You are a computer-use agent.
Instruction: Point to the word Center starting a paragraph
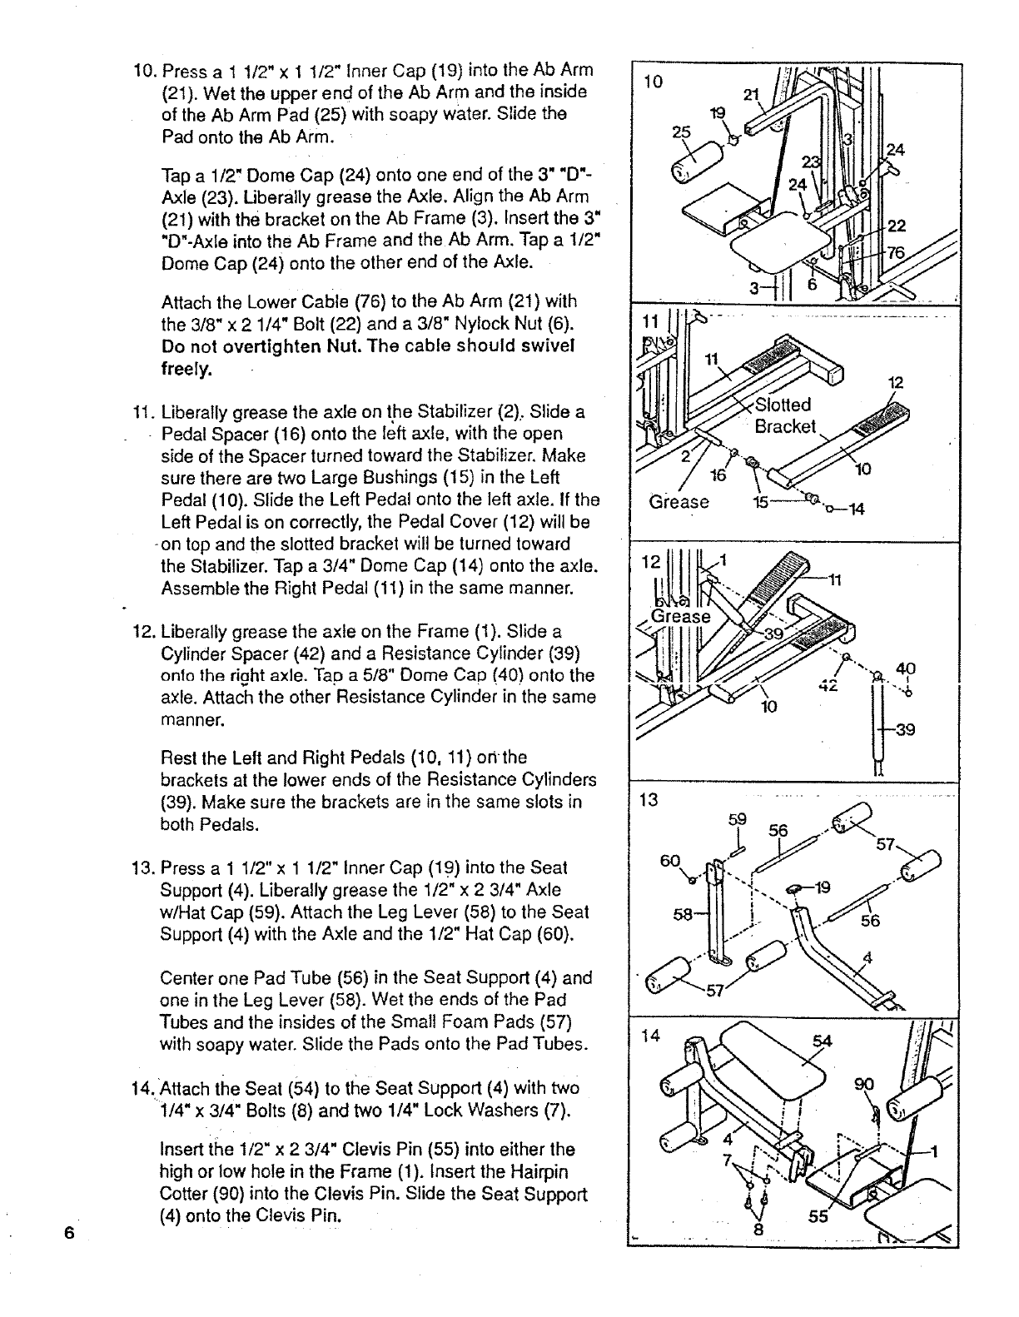coord(186,977)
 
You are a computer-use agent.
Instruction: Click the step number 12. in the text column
coord(143,631)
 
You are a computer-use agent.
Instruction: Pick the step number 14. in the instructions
coord(143,1088)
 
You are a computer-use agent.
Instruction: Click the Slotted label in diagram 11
coord(783,405)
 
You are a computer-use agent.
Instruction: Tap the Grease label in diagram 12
coord(680,616)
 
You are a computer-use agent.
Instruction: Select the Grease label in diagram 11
coord(679,502)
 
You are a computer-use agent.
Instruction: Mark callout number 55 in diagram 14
coord(818,1216)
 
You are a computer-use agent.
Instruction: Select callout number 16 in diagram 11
coord(717,475)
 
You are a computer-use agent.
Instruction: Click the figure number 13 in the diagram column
coord(647,801)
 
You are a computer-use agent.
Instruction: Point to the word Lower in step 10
coord(279,301)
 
